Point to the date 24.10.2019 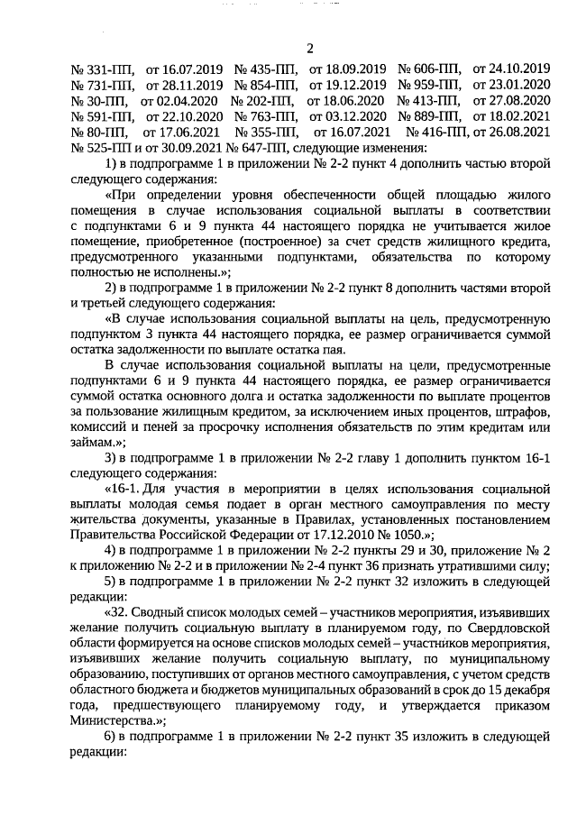[x=511, y=68]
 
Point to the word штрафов [x=523, y=414]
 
